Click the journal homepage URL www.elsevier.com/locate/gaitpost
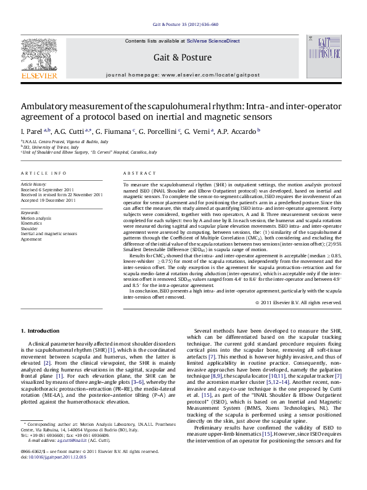coord(208,73)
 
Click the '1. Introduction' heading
coord(40,330)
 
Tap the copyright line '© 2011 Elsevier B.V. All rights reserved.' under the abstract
coord(298,302)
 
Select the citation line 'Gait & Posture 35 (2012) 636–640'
coord(185,25)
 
